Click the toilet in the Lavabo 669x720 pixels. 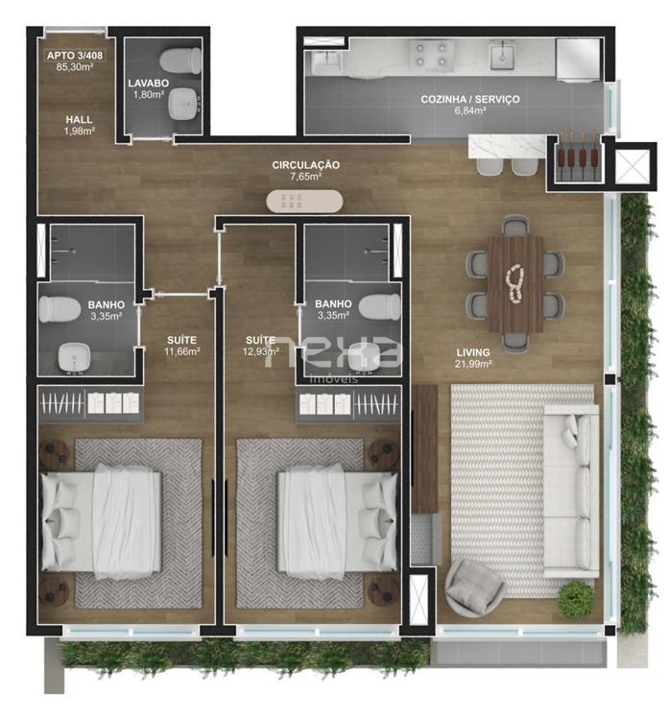180,60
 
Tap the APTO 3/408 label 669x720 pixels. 75,56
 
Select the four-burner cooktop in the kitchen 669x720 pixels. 430,54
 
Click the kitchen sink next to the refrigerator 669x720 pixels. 503,55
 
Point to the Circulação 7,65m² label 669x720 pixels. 305,170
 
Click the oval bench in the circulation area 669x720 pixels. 304,202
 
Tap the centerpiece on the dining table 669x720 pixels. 515,284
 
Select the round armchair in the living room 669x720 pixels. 474,588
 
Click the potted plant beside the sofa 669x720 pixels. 575,596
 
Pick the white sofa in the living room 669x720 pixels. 570,491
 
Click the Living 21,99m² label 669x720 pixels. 473,358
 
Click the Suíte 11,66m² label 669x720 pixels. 181,346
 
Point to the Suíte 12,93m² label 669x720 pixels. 260,346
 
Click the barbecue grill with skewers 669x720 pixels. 578,156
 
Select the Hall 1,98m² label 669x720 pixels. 79,125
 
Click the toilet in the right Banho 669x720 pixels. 379,307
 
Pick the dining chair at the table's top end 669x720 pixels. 514,226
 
